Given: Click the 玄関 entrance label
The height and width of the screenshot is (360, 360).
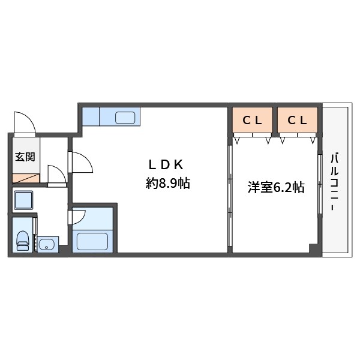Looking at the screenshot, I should (25, 158).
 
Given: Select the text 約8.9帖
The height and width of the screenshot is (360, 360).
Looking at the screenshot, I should (168, 184).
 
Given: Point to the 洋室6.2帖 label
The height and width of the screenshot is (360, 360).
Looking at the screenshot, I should (276, 187).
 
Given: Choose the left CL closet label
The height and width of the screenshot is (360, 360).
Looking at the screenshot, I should (252, 120).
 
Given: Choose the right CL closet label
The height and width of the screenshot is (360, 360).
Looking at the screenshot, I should (297, 120).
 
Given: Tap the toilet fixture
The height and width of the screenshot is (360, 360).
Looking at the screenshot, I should (23, 239).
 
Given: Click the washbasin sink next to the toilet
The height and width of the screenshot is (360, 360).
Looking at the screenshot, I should (47, 244).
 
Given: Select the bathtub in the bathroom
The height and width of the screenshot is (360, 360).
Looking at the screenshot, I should (92, 241).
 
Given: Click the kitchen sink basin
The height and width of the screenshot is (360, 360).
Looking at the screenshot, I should (125, 117).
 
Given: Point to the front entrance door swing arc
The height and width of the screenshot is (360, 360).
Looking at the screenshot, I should (25, 124).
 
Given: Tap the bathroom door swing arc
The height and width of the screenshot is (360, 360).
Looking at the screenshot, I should (78, 217).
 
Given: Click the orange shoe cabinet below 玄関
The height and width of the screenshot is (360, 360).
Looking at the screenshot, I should (26, 178).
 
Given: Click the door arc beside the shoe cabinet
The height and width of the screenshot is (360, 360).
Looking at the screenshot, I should (57, 175).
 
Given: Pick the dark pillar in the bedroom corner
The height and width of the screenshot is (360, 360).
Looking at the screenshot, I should (313, 248).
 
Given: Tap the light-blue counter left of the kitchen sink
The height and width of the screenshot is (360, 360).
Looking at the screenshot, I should (91, 116).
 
